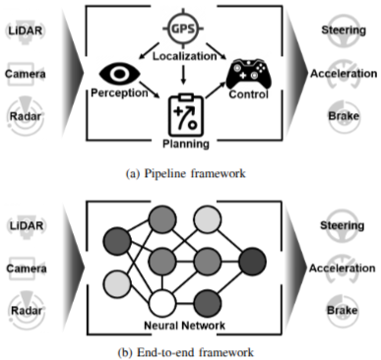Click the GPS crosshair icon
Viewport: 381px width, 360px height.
click(x=183, y=29)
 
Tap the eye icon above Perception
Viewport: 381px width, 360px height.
click(x=120, y=74)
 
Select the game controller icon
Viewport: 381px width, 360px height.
click(x=249, y=74)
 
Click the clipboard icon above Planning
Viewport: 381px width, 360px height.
click(x=186, y=115)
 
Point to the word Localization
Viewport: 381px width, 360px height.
click(x=185, y=56)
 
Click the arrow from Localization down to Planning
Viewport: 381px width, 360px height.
click(x=183, y=75)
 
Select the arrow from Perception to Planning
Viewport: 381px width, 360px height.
click(x=150, y=90)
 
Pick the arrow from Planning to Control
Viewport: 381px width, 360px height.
click(x=216, y=90)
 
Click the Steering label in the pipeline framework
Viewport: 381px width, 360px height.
click(x=344, y=30)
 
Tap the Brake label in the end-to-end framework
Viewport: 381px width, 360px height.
click(x=342, y=310)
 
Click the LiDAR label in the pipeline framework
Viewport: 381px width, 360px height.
click(x=26, y=30)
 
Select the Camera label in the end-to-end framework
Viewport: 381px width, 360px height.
click(x=27, y=269)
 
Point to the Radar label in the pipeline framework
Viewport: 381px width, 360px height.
click(x=26, y=116)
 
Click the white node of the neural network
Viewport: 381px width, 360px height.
click(x=162, y=303)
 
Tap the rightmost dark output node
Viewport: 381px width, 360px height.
click(x=252, y=262)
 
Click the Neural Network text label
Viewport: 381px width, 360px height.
click(x=185, y=326)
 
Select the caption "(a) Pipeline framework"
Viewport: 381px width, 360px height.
click(x=186, y=173)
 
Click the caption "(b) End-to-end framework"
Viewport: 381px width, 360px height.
click(x=186, y=352)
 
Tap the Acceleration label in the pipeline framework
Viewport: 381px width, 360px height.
click(x=344, y=74)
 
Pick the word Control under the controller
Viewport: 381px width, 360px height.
click(x=249, y=94)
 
